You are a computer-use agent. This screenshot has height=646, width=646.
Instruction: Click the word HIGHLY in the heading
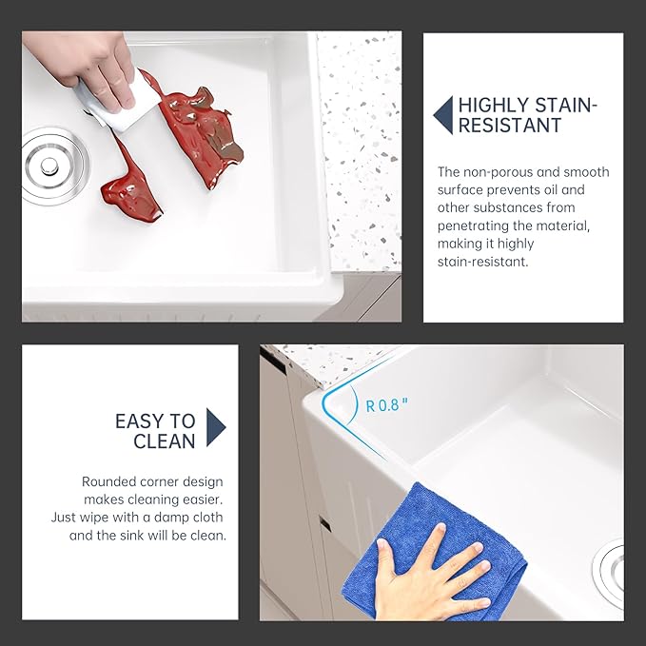click(494, 106)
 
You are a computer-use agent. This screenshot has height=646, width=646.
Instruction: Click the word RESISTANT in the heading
click(510, 126)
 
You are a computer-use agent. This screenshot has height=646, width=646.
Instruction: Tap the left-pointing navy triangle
click(443, 115)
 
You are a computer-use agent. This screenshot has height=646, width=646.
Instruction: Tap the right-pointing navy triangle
click(216, 427)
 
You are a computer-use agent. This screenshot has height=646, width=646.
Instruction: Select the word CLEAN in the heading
click(165, 441)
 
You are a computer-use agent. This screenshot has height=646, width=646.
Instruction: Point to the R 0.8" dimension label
click(387, 406)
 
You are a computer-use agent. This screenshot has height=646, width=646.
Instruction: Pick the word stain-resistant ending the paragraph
click(483, 262)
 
